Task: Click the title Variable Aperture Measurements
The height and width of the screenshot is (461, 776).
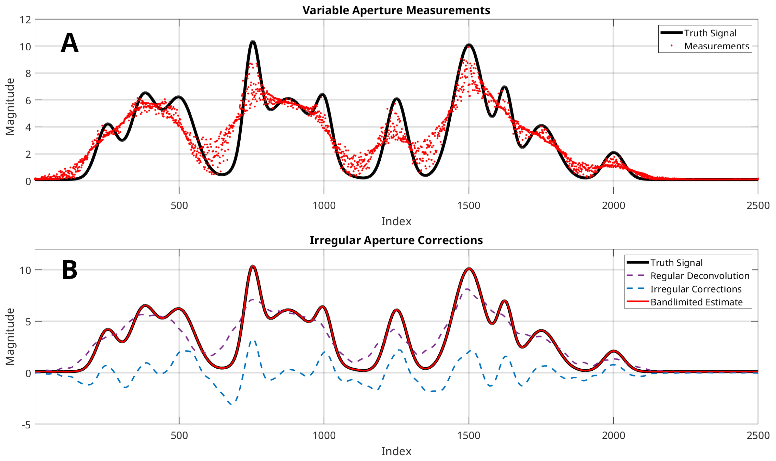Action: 396,10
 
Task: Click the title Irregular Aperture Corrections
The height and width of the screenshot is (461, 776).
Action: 396,240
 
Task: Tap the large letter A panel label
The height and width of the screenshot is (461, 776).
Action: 69,43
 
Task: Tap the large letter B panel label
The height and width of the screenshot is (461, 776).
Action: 69,270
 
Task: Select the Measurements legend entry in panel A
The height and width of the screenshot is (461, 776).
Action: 716,46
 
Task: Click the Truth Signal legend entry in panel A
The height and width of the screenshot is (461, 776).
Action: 710,33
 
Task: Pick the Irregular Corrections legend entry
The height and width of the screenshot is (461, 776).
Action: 696,289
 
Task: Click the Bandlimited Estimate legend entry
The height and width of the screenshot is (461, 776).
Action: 697,302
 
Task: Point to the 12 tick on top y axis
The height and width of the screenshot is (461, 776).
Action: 25,20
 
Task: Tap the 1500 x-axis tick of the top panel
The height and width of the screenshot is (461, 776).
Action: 468,205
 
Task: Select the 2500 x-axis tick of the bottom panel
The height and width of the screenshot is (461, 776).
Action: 758,435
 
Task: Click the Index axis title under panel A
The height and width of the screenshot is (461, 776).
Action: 396,221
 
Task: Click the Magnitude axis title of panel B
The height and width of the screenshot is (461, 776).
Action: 10,337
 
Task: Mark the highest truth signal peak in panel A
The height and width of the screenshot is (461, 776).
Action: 253,42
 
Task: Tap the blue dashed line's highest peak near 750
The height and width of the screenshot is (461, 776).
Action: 254,341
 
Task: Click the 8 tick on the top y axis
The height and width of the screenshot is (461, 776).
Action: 28,73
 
